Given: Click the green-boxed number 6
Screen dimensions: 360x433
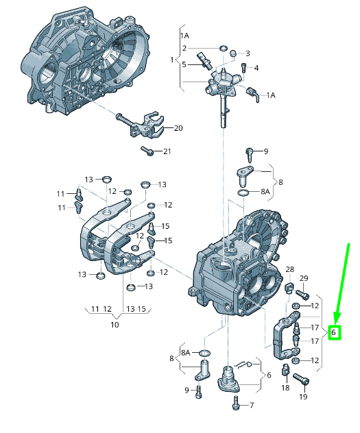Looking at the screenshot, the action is (x=333, y=332).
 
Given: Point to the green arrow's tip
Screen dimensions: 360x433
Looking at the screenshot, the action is (x=336, y=324).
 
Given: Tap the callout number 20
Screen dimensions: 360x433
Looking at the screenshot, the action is (x=178, y=128).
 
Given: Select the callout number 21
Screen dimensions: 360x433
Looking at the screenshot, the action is (x=167, y=151).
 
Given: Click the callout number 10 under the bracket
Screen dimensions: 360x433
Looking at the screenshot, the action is (x=115, y=325).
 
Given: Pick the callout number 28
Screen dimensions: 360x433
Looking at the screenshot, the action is (x=290, y=269).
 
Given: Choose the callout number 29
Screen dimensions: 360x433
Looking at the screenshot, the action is (x=304, y=278).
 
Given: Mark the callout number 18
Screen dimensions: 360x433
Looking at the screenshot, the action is (x=285, y=388).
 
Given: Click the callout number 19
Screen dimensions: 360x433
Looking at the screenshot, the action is (x=303, y=397).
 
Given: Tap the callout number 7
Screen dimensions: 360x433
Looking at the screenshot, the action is (x=252, y=406).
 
